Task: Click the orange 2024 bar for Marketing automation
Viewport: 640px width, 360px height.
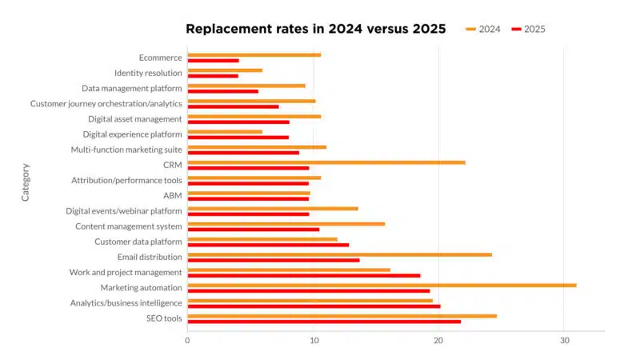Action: click(x=382, y=285)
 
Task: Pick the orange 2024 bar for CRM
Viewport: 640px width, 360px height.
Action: click(x=326, y=162)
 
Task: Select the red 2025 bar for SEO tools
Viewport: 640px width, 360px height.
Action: click(x=324, y=322)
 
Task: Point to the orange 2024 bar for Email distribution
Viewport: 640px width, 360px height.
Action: click(x=339, y=254)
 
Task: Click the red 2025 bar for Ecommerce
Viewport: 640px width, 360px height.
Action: click(x=213, y=60)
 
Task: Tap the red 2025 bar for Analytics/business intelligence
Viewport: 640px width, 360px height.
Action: click(x=314, y=306)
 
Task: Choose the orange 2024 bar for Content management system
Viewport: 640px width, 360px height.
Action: click(x=286, y=224)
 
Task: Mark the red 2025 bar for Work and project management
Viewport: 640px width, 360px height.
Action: click(x=303, y=275)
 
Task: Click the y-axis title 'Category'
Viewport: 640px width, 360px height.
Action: click(x=26, y=182)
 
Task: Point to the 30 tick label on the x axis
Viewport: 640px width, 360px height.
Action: click(x=563, y=340)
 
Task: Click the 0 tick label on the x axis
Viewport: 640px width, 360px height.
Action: click(x=187, y=340)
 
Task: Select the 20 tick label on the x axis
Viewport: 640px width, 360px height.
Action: click(x=438, y=340)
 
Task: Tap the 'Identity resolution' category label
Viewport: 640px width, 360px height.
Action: click(x=148, y=73)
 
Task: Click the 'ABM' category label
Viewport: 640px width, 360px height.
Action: click(x=172, y=195)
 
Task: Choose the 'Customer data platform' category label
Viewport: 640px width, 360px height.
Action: click(x=138, y=242)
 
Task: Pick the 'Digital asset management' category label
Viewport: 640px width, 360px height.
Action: click(x=135, y=119)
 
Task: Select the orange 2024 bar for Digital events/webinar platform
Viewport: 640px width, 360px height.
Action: click(x=273, y=208)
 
